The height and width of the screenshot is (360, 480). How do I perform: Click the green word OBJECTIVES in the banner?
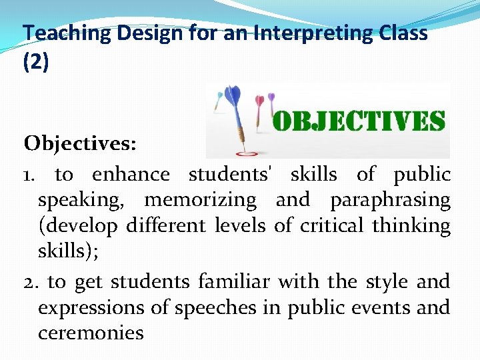coord(359,121)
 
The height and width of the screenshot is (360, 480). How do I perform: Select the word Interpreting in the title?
coord(297,33)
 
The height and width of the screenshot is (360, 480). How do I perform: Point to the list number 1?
coord(31,175)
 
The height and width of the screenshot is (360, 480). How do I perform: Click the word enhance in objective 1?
coord(131,175)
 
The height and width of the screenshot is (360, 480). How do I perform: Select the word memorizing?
coord(200,200)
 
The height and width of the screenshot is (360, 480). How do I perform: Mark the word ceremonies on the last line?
coord(91,333)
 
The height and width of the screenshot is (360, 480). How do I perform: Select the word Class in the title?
coord(401,33)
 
